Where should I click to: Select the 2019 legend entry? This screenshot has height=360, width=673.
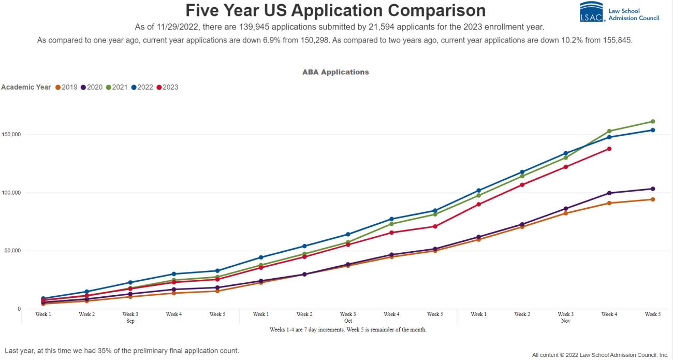pos(66,87)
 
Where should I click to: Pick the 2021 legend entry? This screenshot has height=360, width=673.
pos(116,87)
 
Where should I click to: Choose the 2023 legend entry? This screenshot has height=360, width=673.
pos(167,87)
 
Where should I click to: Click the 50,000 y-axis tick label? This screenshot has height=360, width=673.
pos(10,251)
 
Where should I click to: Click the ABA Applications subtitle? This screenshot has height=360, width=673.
pos(335,72)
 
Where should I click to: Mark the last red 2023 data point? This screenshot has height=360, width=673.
pos(609,149)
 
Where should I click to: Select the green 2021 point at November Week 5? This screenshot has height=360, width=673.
pos(652,122)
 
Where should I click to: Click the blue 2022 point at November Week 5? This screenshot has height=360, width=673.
pos(652,130)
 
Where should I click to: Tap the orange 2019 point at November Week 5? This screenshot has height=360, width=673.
pos(652,199)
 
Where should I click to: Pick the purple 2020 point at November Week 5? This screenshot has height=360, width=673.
pos(652,189)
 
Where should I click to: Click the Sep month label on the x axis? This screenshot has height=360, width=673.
pos(130,321)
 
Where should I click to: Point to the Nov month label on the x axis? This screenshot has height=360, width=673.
pos(565,321)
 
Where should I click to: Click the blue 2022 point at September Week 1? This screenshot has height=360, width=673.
pos(43,299)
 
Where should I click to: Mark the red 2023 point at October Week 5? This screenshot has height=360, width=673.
pos(435,226)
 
